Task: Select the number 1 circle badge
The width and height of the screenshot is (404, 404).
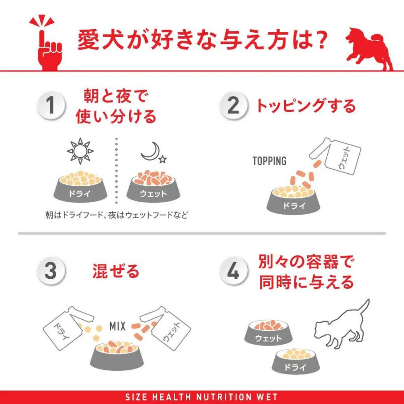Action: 51,106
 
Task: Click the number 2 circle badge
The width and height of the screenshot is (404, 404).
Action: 233,106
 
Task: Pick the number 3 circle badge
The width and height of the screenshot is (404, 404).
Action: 51,272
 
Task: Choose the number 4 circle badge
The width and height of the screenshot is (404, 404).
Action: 233,272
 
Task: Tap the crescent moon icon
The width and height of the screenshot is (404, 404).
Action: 151,153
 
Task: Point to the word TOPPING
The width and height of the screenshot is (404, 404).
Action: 269,161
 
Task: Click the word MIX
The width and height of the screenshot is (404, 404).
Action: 117,326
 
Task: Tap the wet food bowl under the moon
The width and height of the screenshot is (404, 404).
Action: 153,187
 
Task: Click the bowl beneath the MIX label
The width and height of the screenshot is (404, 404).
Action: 118,352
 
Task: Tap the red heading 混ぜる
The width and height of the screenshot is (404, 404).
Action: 115,272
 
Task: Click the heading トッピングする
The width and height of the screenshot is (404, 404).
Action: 305,106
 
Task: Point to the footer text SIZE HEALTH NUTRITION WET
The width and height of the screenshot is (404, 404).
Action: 202,397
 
